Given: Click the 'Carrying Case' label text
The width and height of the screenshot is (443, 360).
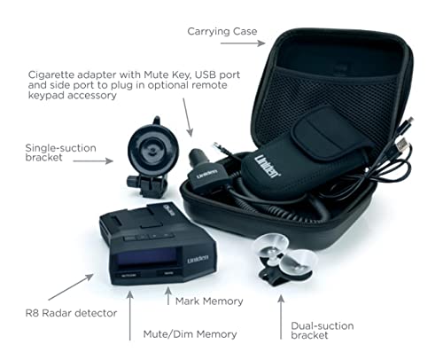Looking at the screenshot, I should click(221, 32).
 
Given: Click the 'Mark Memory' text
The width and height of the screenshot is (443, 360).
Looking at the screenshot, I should click(209, 301).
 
